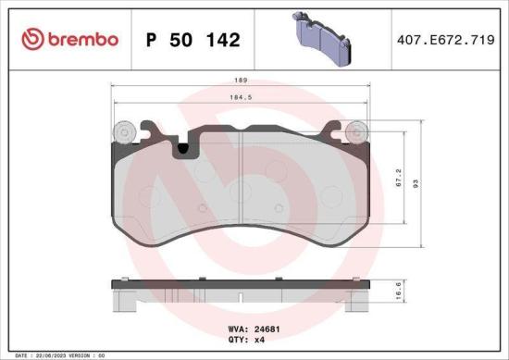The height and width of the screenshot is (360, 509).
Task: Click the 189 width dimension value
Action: coord(241,81)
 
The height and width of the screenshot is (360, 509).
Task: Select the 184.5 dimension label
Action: coord(241,96)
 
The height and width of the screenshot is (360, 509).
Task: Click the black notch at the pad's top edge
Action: coord(184,146)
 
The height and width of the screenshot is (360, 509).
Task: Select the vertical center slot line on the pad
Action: coord(240,185)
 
